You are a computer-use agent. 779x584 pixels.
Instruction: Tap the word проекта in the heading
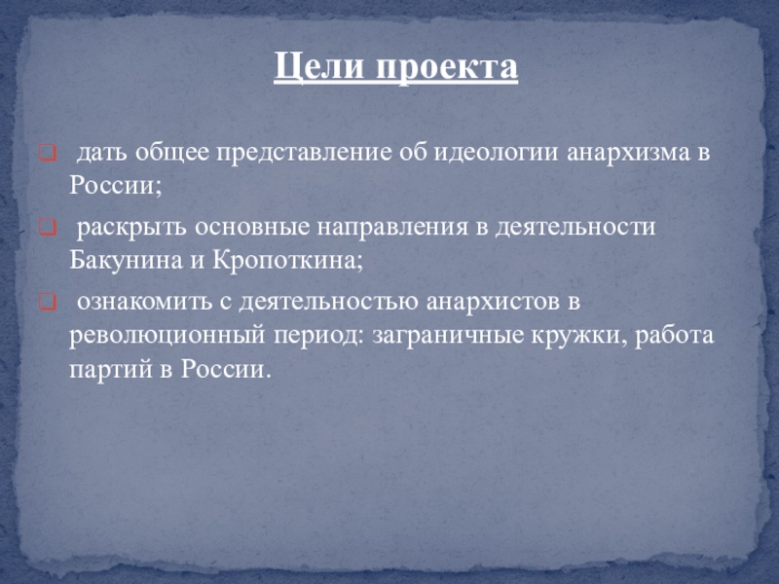(447, 67)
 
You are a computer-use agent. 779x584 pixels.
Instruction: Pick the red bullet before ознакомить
(48, 302)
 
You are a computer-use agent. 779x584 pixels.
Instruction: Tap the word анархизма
(628, 153)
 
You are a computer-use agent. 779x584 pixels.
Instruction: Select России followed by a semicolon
(115, 185)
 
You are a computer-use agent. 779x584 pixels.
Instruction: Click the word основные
(252, 228)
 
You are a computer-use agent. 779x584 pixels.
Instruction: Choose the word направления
(392, 228)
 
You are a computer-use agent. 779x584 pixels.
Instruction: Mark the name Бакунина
(127, 260)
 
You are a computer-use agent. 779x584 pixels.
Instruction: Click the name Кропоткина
(288, 260)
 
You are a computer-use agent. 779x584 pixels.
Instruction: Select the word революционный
(167, 336)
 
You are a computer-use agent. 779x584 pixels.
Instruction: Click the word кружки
(579, 336)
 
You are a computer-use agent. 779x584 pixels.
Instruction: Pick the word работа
(674, 335)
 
